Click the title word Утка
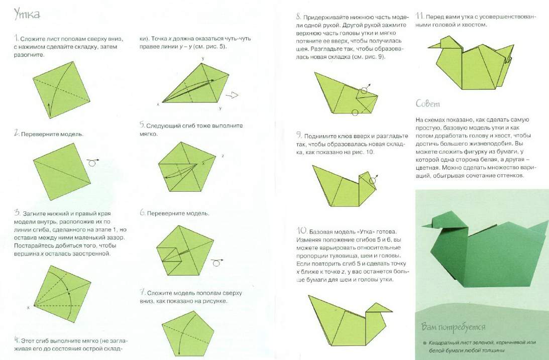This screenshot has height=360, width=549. click(27, 14)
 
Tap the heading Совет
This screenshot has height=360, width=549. click(427, 103)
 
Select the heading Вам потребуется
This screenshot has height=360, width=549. click(453, 327)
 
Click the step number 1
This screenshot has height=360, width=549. click(16, 38)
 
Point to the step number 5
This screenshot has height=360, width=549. click(142, 125)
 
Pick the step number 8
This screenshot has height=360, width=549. click(298, 17)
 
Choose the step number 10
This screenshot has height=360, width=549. click(302, 230)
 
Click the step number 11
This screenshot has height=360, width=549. click(419, 16)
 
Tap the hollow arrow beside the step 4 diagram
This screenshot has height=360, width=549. click(232, 95)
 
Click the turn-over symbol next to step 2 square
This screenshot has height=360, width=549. click(93, 162)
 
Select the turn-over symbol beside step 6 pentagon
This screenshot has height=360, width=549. click(217, 262)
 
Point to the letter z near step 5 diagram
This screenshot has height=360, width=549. click(223, 156)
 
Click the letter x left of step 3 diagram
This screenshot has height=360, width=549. click(28, 307)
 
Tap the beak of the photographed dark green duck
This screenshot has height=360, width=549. click(427, 225)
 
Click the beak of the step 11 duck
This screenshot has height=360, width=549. click(433, 46)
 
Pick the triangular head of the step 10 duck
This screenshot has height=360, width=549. click(379, 308)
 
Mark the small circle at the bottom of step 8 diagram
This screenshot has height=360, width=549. click(355, 112)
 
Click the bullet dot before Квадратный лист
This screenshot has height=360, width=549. click(424, 343)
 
